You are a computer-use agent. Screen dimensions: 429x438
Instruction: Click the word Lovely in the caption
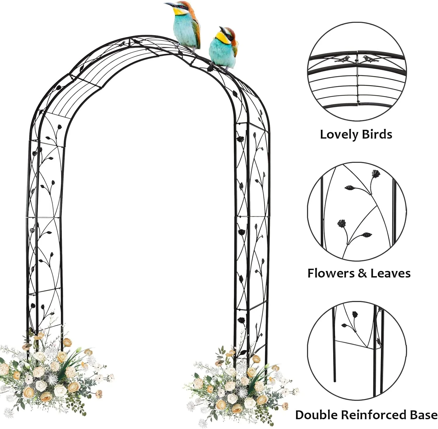tap(339, 134)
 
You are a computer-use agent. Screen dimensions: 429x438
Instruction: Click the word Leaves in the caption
tap(390, 273)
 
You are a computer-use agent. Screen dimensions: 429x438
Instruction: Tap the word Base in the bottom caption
tap(422, 415)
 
